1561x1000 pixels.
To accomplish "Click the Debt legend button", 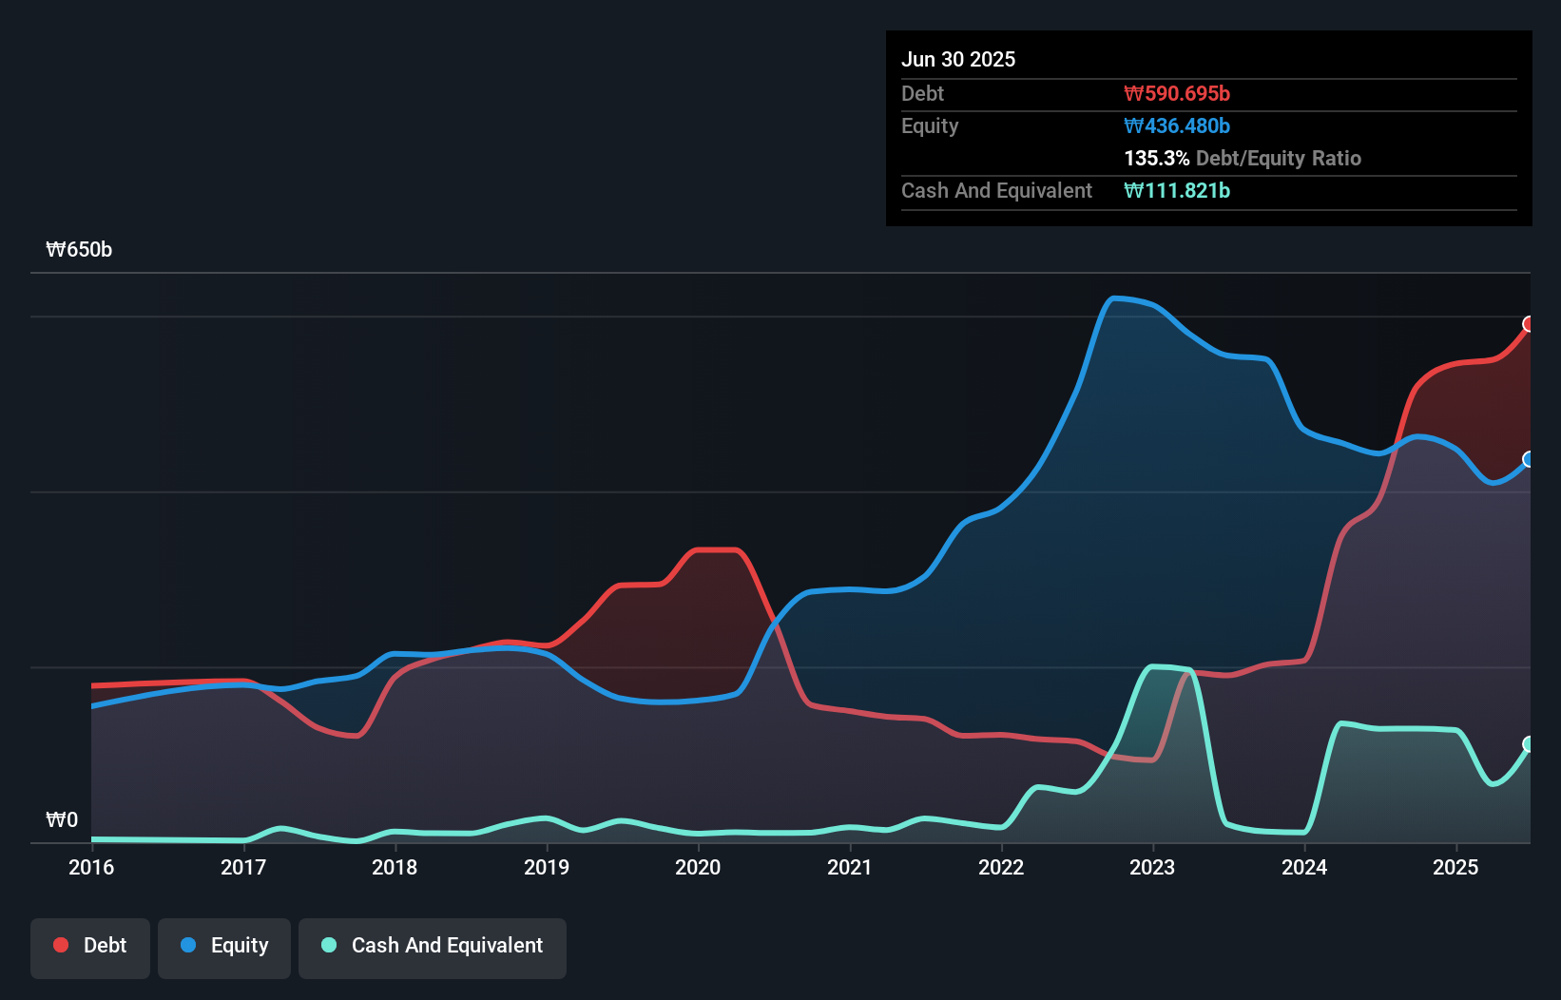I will click(x=90, y=947).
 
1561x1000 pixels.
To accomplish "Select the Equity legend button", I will click(x=224, y=947).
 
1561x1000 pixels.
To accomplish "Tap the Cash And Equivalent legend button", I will click(x=433, y=947).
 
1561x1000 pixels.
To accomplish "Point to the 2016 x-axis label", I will click(x=91, y=868).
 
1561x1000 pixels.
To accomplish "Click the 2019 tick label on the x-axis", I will click(x=547, y=868).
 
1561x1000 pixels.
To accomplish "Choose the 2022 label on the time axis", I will click(x=1001, y=868).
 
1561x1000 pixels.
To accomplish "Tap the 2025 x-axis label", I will click(x=1455, y=868).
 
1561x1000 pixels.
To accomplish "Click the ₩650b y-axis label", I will click(x=79, y=250).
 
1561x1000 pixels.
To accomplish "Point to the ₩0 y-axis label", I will click(x=62, y=820).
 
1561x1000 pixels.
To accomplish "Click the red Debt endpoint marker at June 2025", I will click(x=1529, y=324).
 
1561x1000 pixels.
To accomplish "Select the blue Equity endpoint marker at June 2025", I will click(x=1529, y=459).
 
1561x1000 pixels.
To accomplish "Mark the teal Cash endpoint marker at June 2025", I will click(x=1529, y=743).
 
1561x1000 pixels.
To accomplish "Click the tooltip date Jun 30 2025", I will click(x=958, y=60).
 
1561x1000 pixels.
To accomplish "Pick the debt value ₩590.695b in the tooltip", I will click(x=1177, y=94).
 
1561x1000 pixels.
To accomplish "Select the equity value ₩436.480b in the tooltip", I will click(x=1177, y=126).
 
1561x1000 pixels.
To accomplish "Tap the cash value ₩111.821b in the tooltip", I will click(x=1177, y=191).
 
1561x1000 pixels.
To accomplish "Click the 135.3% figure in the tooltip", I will click(x=1156, y=159).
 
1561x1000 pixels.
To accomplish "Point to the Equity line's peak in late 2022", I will click(x=1115, y=298).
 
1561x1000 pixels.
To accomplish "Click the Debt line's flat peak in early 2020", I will click(x=718, y=549).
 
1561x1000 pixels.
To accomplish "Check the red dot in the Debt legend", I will click(x=61, y=946).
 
